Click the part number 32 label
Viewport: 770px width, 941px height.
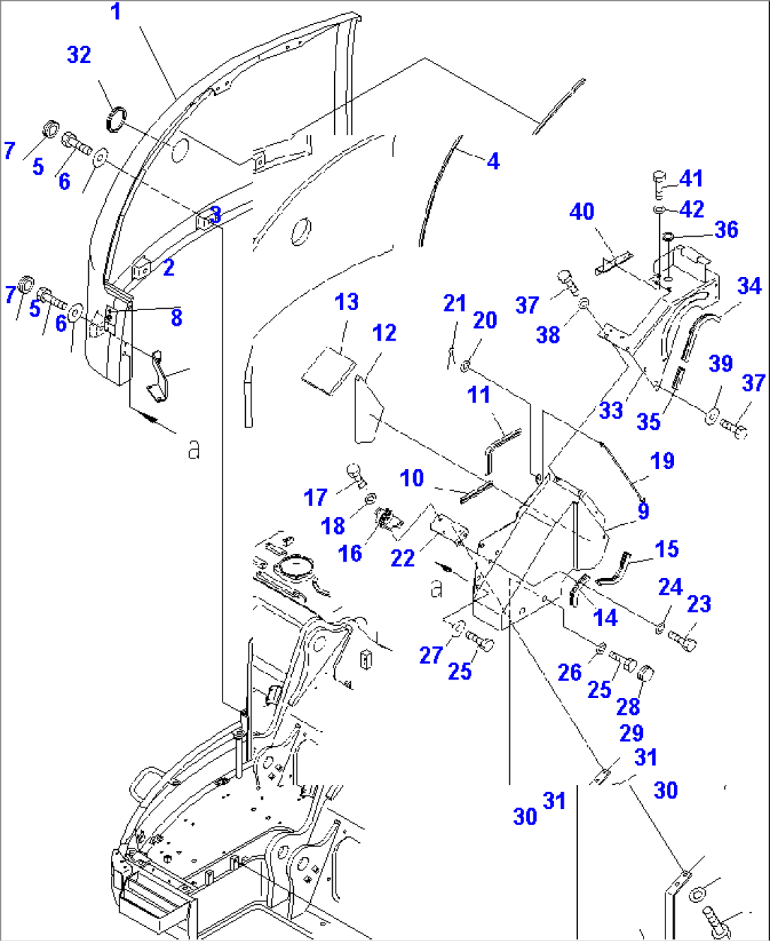click(79, 55)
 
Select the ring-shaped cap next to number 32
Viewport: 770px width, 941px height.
click(118, 118)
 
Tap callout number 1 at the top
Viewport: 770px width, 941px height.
click(116, 12)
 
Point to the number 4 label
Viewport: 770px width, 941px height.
click(493, 162)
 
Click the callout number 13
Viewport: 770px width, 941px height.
click(346, 302)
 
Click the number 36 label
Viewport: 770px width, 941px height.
click(725, 230)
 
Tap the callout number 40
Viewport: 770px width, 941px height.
click(582, 211)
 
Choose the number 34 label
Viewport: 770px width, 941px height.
click(749, 286)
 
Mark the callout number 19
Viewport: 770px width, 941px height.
click(662, 461)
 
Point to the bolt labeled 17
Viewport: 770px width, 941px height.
click(355, 475)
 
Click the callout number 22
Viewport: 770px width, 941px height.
click(402, 558)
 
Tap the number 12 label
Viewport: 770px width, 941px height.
click(384, 333)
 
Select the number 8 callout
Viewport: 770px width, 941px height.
click(176, 318)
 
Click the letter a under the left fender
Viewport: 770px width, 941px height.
click(193, 449)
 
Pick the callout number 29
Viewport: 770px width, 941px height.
click(631, 733)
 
